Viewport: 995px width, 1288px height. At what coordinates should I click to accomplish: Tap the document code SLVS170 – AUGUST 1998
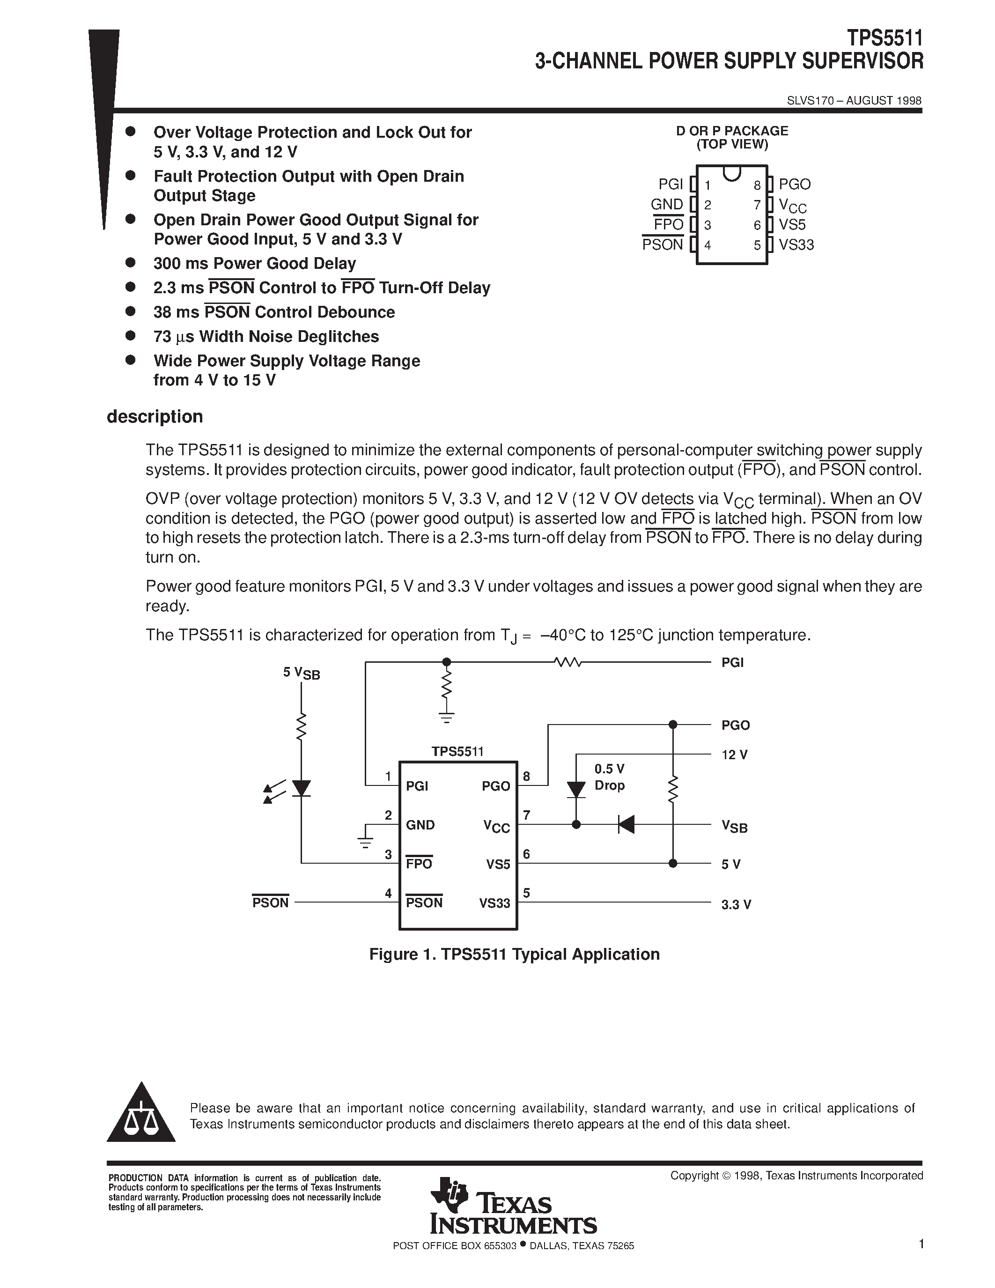pyautogui.click(x=854, y=101)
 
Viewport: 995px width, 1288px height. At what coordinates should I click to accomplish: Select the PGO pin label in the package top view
pyautogui.click(x=795, y=185)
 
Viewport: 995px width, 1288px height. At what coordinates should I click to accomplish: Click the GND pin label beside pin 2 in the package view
pyautogui.click(x=667, y=205)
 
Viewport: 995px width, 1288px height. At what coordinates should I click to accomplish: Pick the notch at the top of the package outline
pyautogui.click(x=731, y=173)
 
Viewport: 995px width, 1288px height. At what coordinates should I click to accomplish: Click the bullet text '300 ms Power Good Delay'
pyautogui.click(x=255, y=264)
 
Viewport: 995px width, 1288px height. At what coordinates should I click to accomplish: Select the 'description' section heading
pyautogui.click(x=155, y=417)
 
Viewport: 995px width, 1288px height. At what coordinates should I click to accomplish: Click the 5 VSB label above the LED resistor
pyautogui.click(x=301, y=673)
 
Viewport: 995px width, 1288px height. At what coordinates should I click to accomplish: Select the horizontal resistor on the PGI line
pyautogui.click(x=568, y=663)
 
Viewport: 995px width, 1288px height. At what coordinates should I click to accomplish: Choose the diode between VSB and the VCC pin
pyautogui.click(x=626, y=824)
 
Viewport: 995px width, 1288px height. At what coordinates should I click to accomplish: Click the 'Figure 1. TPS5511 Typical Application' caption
pyautogui.click(x=514, y=954)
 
